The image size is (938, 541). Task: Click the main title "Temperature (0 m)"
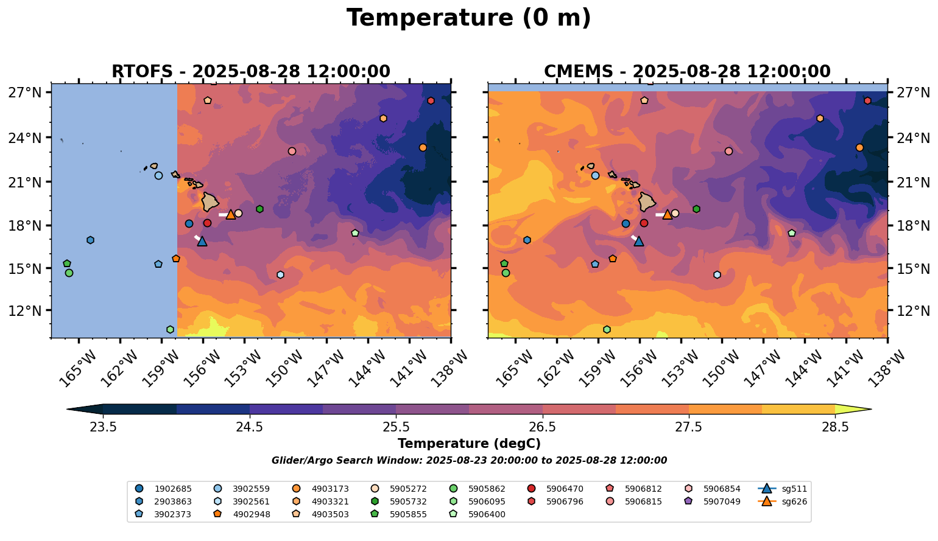tap(468, 18)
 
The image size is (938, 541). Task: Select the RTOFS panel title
tap(250, 72)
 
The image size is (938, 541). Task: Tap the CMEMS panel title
tap(687, 72)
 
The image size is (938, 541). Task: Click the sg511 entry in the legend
tap(783, 489)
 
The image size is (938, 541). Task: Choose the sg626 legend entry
tap(783, 501)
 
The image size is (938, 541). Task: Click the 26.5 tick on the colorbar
tap(543, 427)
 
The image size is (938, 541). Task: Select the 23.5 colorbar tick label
tap(103, 427)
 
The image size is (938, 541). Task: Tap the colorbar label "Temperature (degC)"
tap(469, 444)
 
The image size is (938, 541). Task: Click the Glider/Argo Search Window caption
tap(469, 461)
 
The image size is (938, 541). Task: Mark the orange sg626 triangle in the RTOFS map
tap(231, 214)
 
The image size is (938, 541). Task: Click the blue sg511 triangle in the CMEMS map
tap(639, 241)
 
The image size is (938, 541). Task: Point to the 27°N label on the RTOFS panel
tap(25, 92)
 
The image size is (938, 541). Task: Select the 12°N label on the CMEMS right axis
tap(914, 311)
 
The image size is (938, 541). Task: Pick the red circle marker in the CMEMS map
tap(644, 223)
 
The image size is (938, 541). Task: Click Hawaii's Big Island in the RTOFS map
tap(210, 201)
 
